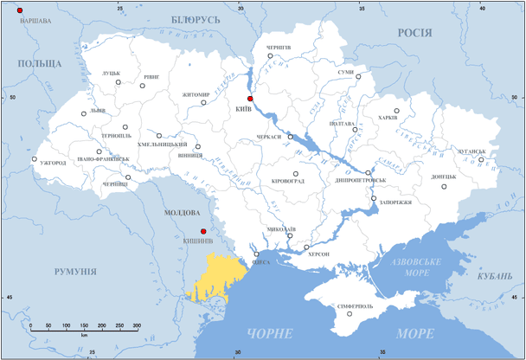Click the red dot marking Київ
click(x=250, y=99)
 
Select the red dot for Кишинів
click(x=203, y=231)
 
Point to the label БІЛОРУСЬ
click(x=196, y=19)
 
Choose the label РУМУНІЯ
click(x=74, y=272)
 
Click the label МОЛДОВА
click(x=182, y=212)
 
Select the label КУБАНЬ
click(x=495, y=275)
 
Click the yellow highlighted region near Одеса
click(x=215, y=281)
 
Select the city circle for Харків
click(x=397, y=111)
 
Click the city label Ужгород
click(x=53, y=162)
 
